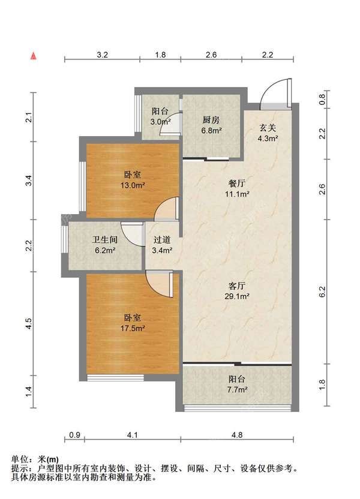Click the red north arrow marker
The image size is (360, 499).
pos(33,56)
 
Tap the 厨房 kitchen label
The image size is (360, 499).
pos(211,120)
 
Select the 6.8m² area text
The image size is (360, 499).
pos(211,130)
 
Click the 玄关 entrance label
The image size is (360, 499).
pos(268,128)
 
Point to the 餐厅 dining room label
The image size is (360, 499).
pos(237,184)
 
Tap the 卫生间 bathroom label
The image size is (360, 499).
pos(105,240)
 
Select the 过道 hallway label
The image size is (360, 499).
pos(161,240)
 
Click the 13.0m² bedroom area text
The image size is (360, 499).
pos(133,185)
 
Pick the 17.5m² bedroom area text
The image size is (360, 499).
pos(133,328)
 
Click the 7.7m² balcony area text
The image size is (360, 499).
pos(237,389)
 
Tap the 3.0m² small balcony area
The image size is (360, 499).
pos(160,122)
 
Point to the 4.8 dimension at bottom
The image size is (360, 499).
pos(237,435)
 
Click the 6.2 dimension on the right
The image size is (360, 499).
pos(322,292)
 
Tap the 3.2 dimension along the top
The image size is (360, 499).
pos(102,55)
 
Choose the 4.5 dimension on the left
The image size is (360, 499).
pos(29,324)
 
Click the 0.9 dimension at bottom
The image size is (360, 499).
pos(74,435)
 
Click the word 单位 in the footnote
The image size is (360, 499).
pos(19,459)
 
